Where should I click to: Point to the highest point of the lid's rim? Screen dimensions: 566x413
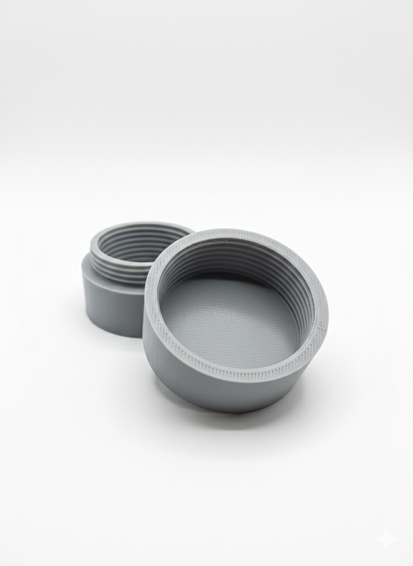[232, 232]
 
